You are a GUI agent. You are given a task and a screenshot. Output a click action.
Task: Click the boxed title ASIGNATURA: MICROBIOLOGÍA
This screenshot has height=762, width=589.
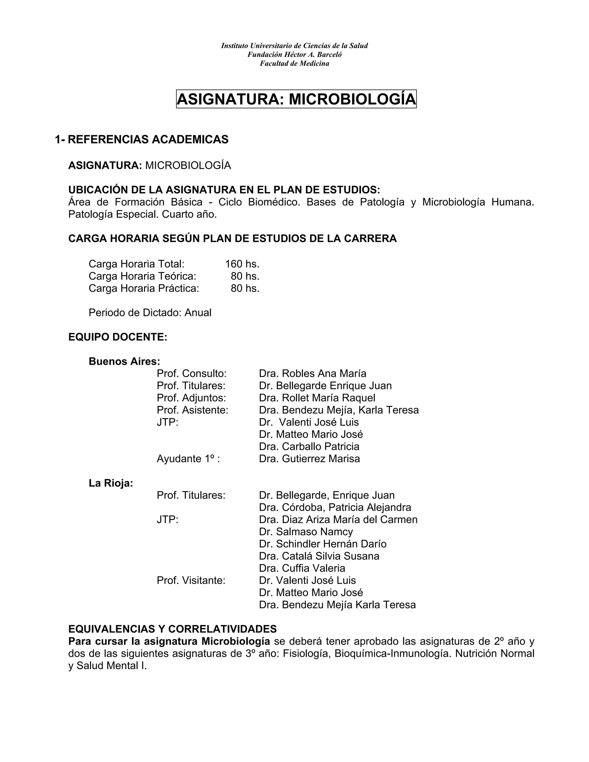(296, 99)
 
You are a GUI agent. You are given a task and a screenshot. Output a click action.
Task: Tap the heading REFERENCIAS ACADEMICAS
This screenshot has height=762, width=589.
(148, 139)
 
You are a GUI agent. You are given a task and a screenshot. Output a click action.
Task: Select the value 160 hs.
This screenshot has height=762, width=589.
(242, 264)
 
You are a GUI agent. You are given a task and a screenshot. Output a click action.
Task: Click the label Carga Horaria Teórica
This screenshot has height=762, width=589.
(142, 276)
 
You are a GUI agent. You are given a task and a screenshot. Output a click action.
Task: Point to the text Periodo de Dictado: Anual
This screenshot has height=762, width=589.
(150, 313)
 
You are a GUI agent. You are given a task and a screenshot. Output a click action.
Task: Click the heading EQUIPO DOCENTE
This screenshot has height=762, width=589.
(118, 337)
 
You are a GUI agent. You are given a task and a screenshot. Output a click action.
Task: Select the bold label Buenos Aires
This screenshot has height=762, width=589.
(124, 361)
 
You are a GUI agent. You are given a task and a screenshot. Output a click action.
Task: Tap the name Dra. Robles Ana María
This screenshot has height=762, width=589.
(312, 374)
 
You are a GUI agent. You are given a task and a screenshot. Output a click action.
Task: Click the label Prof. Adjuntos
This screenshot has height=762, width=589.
(191, 398)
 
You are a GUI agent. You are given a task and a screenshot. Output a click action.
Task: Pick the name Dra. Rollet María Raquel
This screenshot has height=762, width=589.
(317, 398)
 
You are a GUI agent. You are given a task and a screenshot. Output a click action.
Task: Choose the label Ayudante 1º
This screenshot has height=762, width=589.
(188, 459)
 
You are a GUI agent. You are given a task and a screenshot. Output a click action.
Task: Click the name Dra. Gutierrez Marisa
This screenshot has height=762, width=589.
(309, 459)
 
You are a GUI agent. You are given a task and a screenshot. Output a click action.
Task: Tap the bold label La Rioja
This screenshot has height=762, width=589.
(111, 483)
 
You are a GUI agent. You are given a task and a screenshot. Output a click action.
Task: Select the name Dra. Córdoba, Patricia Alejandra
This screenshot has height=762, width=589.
(335, 507)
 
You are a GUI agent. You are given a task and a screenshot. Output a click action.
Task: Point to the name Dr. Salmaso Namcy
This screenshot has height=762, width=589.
(306, 532)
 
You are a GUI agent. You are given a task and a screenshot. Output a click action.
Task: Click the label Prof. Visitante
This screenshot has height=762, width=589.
(191, 581)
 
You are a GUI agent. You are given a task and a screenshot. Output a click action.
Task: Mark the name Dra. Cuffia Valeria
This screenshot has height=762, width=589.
(302, 568)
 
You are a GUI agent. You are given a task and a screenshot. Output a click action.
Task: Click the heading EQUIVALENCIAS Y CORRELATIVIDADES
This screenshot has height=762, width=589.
(172, 629)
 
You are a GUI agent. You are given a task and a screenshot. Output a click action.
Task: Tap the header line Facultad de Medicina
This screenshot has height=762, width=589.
(294, 64)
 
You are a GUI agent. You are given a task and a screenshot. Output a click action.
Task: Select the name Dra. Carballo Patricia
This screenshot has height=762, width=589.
(309, 447)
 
